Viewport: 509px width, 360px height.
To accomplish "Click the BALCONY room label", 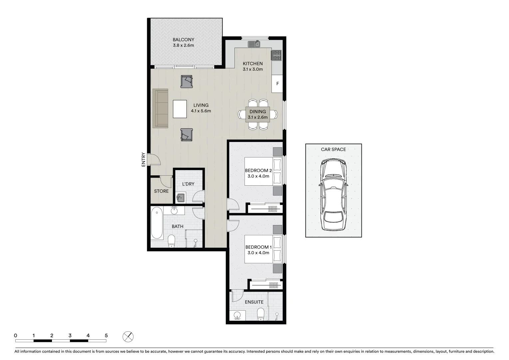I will click(183, 40).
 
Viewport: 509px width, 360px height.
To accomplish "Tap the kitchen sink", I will click(254, 44).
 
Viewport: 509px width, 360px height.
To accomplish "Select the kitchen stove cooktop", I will click(276, 55).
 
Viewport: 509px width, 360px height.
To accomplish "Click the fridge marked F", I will click(277, 84).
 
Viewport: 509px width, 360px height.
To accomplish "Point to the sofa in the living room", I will click(160, 108).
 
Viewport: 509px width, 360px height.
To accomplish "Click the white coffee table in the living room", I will click(180, 109).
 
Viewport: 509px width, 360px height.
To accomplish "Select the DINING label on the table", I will click(257, 112).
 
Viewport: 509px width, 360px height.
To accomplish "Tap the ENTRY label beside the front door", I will click(144, 159).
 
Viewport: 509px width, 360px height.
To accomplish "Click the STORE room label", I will click(161, 191).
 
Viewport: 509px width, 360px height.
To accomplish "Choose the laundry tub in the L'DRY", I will click(180, 198).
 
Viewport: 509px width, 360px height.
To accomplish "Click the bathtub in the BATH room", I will click(157, 223).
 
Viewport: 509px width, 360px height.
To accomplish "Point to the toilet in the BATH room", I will click(172, 241).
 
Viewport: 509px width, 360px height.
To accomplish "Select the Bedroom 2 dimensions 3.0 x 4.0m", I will click(258, 176).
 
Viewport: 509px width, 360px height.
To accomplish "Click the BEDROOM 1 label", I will click(258, 247).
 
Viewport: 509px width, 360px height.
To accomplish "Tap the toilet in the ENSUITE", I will click(260, 314).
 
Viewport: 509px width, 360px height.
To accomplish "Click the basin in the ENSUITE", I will click(237, 315).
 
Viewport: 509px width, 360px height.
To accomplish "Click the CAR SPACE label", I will click(333, 149).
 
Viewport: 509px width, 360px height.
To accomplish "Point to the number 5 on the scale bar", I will click(106, 336).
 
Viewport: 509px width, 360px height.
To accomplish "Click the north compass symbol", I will click(128, 337).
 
